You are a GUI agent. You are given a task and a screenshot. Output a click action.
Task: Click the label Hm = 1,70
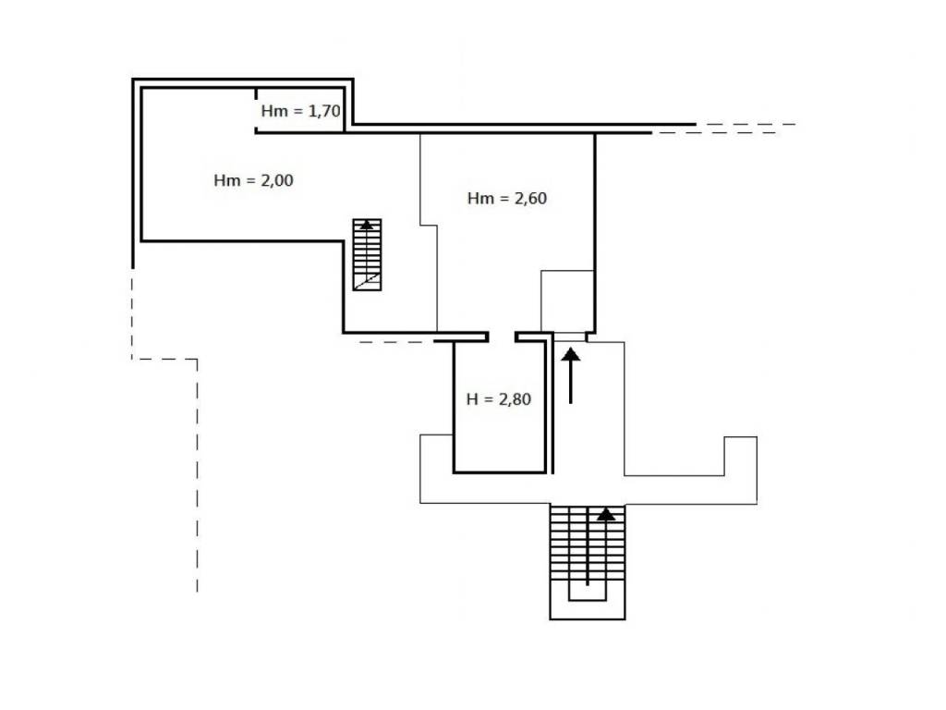300,111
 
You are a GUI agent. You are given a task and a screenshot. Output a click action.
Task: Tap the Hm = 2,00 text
253,180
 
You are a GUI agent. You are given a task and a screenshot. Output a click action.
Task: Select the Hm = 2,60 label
507,199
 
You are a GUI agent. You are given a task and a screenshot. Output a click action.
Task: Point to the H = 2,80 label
498,399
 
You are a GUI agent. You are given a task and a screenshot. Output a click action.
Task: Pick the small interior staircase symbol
367,255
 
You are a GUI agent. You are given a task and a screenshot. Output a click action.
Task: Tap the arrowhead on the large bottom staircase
606,514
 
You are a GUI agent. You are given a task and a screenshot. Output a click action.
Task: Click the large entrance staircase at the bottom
587,561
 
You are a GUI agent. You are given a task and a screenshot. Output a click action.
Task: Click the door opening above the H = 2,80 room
502,337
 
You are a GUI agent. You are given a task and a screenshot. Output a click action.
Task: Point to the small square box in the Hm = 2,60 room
567,300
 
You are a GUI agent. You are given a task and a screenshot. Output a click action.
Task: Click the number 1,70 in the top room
324,111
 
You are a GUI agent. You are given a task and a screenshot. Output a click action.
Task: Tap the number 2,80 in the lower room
515,399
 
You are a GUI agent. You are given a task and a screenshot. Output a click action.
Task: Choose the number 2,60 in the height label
531,199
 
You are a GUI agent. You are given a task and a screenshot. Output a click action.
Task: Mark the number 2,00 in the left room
277,180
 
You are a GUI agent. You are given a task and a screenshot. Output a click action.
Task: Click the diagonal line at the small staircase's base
367,281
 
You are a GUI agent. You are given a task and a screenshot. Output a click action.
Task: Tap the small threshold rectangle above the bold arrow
570,337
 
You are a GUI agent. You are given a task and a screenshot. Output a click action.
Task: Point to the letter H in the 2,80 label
472,399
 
